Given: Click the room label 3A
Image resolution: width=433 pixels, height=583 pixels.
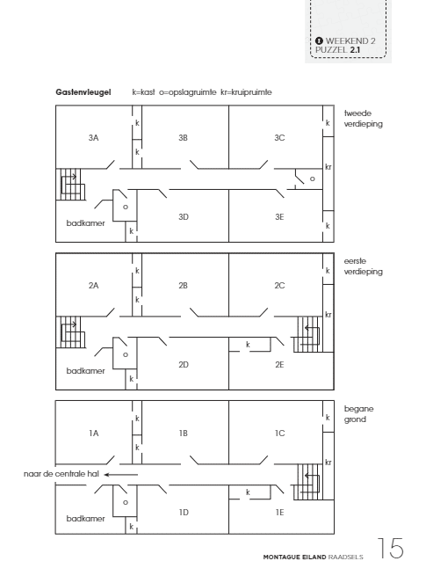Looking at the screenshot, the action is coord(94,138).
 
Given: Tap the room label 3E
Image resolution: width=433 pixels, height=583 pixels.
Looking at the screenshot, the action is coord(279,217).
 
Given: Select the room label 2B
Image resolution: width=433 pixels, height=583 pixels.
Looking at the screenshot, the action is coord(183,286).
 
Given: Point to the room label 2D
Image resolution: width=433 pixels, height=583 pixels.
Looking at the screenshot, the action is coord(184,365).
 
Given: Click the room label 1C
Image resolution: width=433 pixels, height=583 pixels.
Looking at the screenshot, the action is coord(279,434).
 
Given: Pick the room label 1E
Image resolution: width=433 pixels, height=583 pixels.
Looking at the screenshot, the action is coord(279,513).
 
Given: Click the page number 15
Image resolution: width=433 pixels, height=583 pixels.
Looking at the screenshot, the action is coord(390,548).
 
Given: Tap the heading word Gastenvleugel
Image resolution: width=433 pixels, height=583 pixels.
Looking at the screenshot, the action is coord(83,92).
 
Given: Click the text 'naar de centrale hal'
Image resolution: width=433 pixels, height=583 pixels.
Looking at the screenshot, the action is coord(61,474).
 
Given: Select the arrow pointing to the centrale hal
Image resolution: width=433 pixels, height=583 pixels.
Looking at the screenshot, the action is coord(120,475).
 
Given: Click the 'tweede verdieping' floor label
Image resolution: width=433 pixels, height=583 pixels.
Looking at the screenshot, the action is coord(364,119).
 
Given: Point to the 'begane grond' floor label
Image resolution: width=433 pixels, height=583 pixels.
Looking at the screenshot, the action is coord(358,414).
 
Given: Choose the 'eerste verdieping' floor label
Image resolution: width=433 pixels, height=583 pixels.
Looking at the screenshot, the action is coord(364,266).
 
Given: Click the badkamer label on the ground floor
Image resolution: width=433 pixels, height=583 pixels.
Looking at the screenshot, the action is coord(85,519).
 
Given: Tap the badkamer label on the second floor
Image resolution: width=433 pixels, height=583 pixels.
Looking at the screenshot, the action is coord(85,223).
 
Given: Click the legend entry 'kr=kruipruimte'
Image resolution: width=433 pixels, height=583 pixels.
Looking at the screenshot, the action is coord(246,92).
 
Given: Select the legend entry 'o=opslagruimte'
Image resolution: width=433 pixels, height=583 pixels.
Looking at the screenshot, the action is coord(188,92).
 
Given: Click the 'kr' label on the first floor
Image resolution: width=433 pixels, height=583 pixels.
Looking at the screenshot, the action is coord(328,315).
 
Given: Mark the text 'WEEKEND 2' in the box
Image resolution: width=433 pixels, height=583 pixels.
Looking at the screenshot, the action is coord(350,41).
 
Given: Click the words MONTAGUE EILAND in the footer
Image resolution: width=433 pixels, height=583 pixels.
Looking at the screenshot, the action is coord(294,557).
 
